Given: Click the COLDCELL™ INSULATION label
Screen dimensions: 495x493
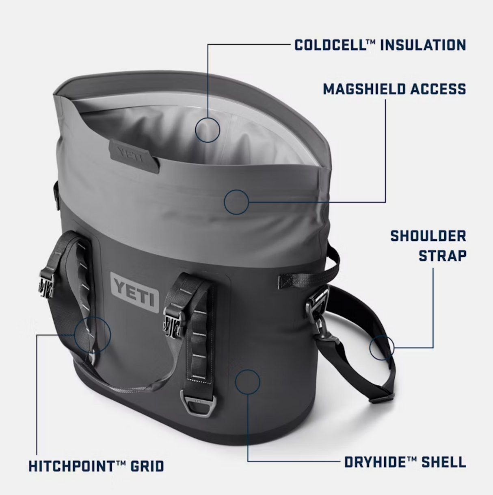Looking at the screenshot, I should point(380,45).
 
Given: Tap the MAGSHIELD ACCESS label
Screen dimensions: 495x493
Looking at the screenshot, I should point(394,89).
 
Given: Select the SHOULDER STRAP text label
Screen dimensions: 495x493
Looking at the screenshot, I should point(428,246).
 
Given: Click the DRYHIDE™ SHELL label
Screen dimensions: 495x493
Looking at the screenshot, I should point(405,462).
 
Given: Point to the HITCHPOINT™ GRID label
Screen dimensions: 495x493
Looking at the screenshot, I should point(96,466).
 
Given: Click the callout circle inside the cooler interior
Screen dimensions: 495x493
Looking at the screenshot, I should point(208,130).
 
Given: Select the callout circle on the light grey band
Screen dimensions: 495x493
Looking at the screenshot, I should point(236,202).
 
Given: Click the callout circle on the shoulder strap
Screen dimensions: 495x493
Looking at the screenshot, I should point(382,348).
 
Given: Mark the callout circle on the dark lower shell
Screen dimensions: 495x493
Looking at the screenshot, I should point(247,382).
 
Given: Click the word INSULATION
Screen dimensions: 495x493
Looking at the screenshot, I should point(423,45).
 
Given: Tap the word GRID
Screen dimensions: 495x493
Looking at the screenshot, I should point(147,466).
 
